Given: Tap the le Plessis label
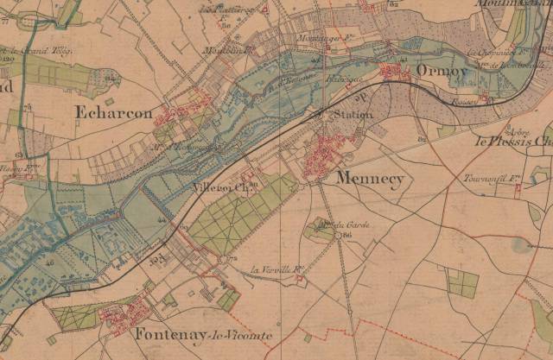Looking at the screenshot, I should tap(506, 138).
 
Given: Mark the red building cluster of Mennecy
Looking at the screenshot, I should tap(328, 151).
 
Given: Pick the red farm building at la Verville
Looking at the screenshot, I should tap(299, 278).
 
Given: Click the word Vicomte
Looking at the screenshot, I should tap(245, 335).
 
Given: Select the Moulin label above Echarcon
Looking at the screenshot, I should tap(223, 50).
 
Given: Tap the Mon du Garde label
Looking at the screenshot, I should tap(337, 225).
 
